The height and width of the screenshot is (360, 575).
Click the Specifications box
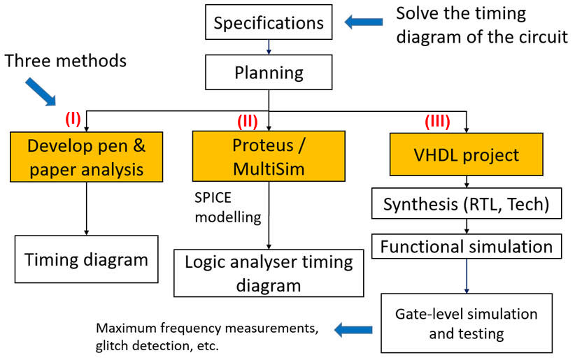[269, 22]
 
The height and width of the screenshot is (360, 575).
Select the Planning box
[269, 72]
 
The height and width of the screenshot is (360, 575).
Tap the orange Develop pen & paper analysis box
[87, 157]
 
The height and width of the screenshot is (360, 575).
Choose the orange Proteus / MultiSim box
[269, 156]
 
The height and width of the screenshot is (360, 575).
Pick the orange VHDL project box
[466, 154]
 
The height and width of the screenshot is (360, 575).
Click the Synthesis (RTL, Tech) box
[467, 203]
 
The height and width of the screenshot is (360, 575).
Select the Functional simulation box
[467, 246]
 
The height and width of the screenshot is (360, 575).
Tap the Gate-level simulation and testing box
[467, 323]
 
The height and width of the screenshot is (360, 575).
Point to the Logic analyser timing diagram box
[269, 273]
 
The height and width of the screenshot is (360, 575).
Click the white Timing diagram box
[87, 259]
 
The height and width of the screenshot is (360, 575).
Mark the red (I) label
[73, 119]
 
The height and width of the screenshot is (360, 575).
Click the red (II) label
[248, 122]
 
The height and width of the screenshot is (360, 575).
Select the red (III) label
[437, 122]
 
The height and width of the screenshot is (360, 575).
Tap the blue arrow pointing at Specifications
[364, 22]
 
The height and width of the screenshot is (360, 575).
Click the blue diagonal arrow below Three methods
[41, 92]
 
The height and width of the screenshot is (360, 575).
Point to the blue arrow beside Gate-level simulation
[353, 329]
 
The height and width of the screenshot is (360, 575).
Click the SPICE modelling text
[228, 208]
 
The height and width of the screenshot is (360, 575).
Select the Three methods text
[65, 61]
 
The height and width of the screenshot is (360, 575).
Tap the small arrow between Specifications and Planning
[269, 47]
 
